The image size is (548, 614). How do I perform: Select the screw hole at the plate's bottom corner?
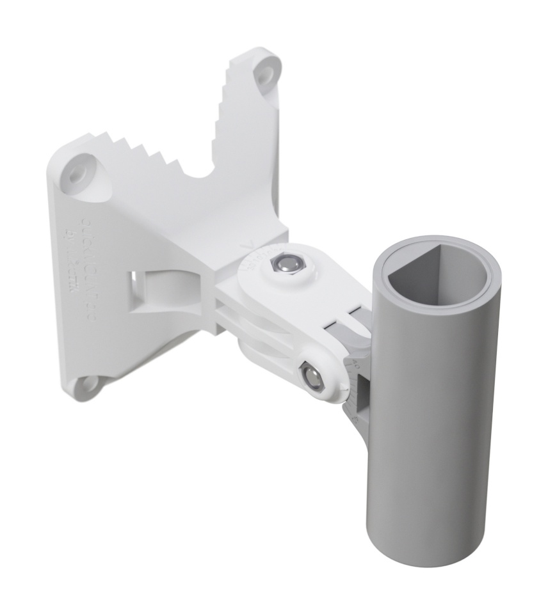(x=85, y=384)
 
